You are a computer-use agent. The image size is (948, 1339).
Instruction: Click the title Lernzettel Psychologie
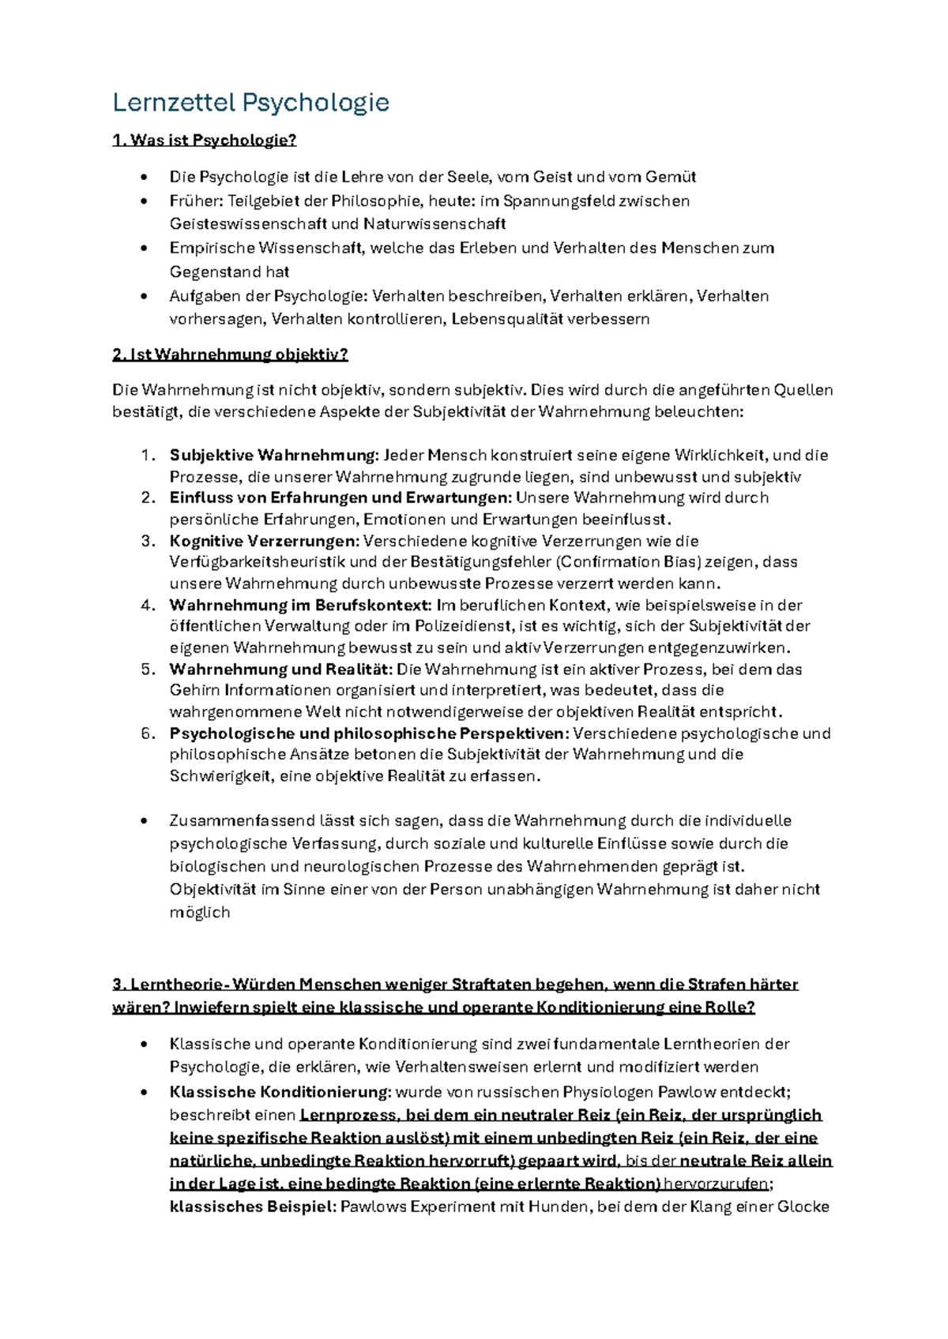(x=250, y=103)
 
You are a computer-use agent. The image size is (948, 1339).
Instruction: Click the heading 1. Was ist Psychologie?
(x=205, y=141)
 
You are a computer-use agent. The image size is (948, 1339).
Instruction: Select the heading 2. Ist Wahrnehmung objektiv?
(x=230, y=354)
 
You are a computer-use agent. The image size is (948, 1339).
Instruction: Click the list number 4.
(x=148, y=606)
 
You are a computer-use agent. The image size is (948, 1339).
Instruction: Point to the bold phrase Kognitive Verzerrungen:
(x=264, y=541)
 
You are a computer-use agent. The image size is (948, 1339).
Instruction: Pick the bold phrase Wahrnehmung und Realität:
(x=280, y=669)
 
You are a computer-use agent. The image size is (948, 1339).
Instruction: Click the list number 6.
(x=148, y=733)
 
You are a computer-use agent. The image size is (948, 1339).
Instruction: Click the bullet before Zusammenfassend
(x=143, y=822)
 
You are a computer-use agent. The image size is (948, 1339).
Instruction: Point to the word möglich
(x=199, y=913)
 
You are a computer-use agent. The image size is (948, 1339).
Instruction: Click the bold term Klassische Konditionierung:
(x=280, y=1093)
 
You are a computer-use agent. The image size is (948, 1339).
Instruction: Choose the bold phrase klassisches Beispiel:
(x=253, y=1207)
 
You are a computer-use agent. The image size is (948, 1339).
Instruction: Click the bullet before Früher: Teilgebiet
(x=143, y=201)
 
